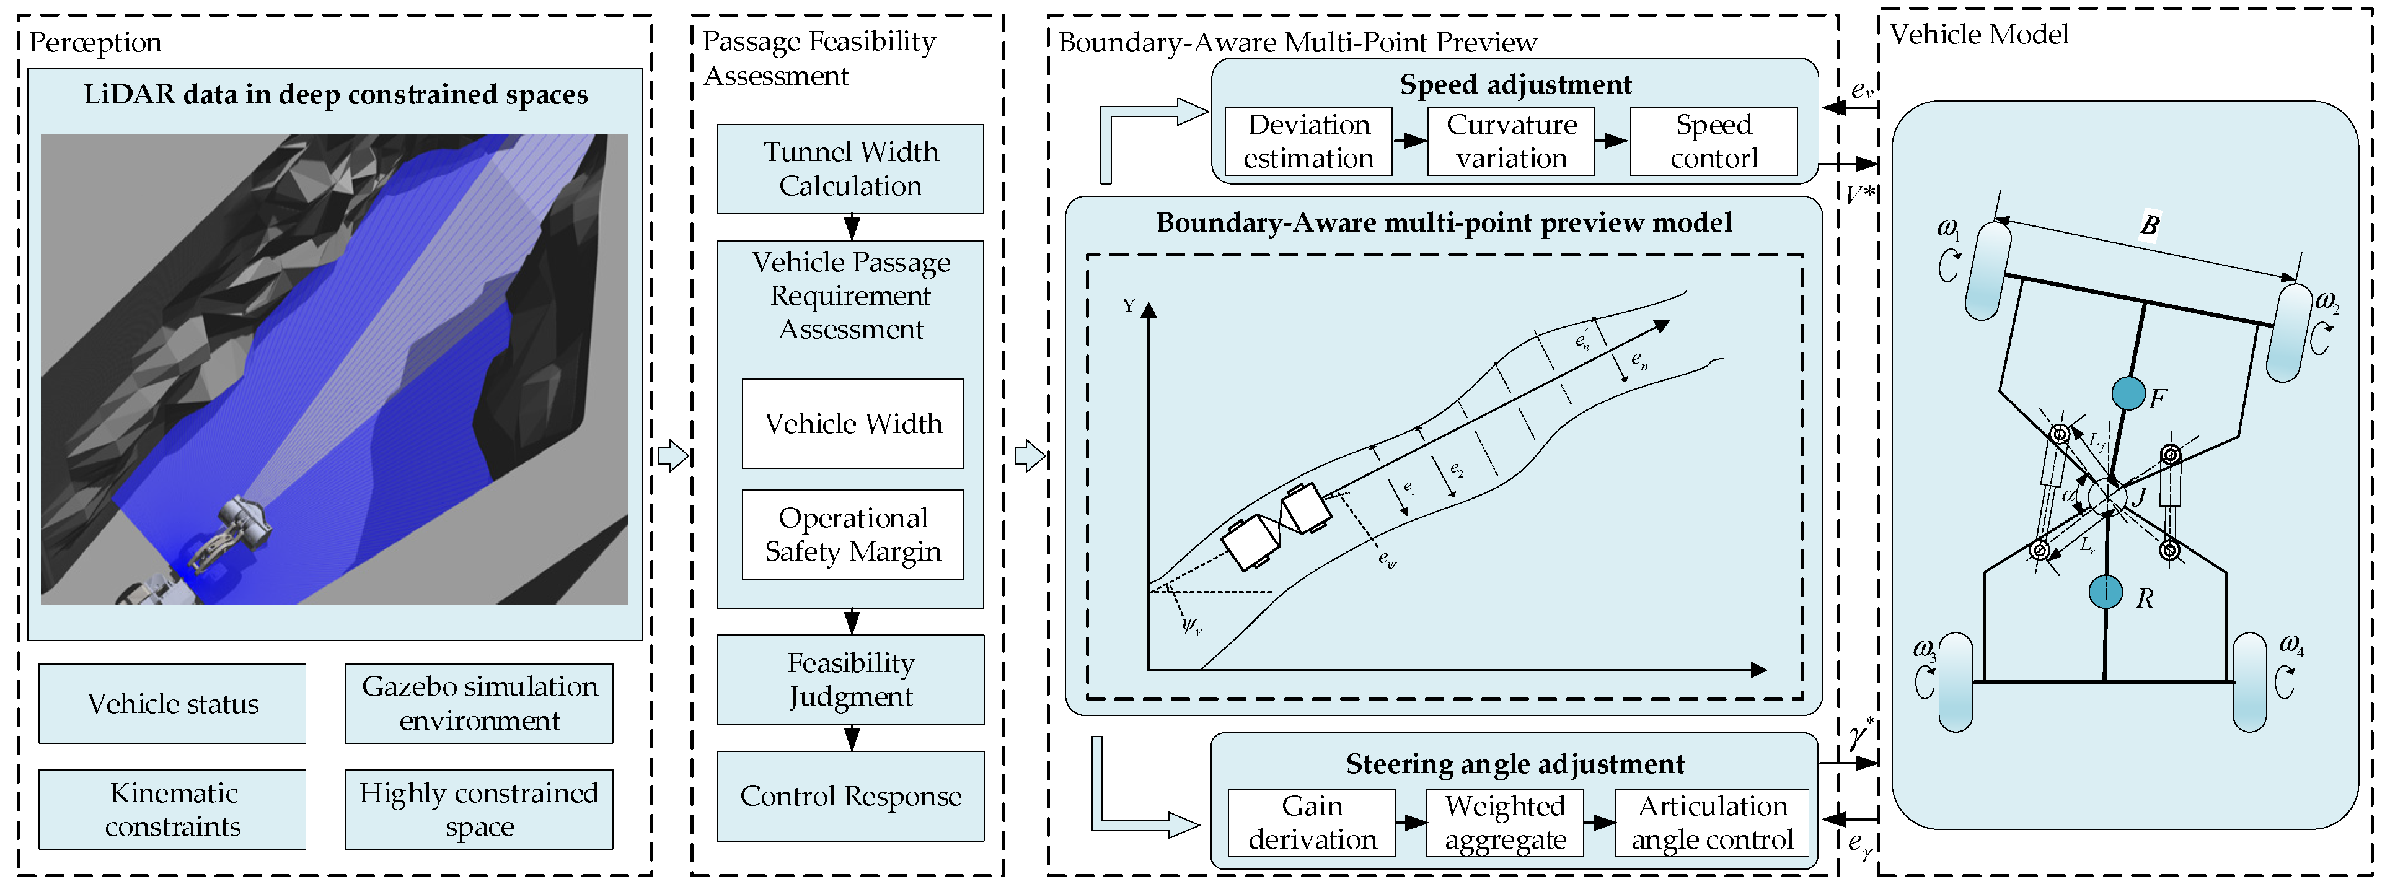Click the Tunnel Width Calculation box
[x=850, y=168]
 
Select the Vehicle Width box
[x=853, y=424]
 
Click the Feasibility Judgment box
[x=850, y=680]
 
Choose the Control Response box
[x=850, y=795]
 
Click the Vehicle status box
[x=172, y=704]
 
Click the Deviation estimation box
[x=1308, y=141]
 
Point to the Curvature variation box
[x=1510, y=141]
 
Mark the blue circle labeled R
[x=2106, y=592]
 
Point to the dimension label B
[x=2149, y=224]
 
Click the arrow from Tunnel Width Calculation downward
[x=851, y=227]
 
